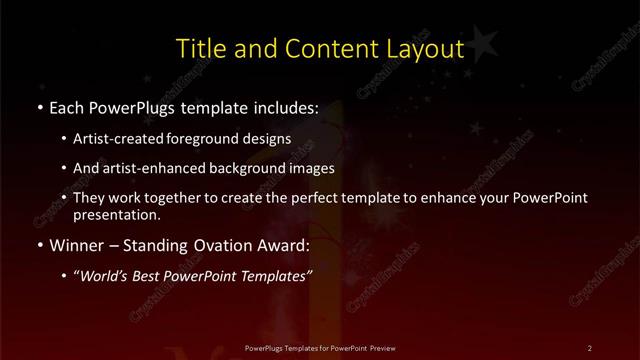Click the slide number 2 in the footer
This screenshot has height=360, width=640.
[590, 347]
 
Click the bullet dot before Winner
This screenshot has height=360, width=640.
[39, 245]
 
